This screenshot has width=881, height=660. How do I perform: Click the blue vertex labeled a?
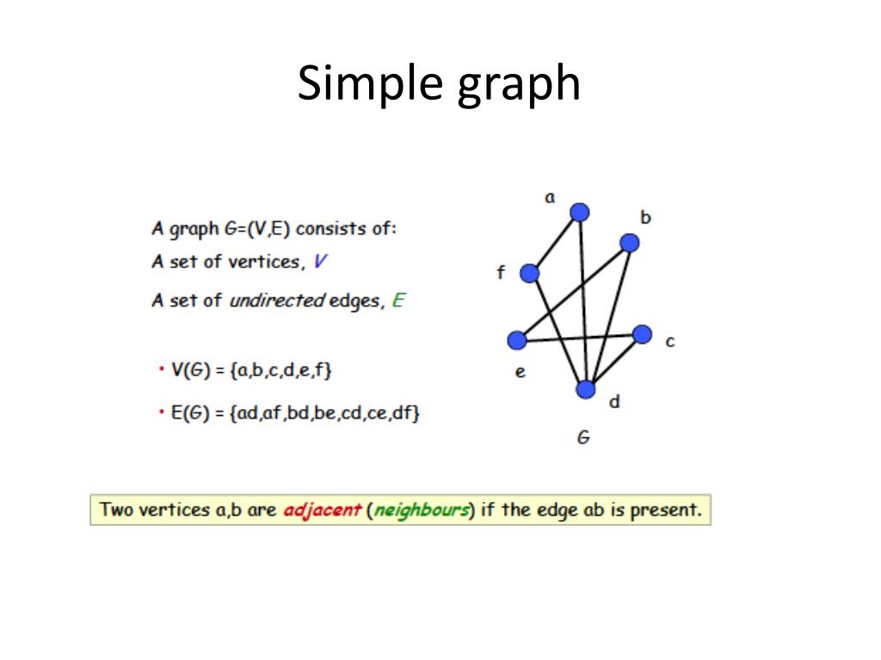click(579, 212)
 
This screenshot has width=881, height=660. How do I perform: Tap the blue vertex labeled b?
click(629, 242)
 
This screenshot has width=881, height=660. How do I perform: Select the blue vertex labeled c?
click(642, 334)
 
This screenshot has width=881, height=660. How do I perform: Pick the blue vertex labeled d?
click(585, 389)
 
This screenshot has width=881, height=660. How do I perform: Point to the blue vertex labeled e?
click(517, 340)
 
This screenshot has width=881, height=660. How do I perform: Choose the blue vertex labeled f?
click(530, 273)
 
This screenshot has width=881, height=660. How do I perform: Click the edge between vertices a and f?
click(555, 243)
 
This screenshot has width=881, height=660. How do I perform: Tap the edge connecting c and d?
click(613, 362)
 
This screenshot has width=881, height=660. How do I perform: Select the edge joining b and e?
click(573, 291)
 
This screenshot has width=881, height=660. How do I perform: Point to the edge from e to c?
click(579, 337)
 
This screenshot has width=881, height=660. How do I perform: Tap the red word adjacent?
click(322, 510)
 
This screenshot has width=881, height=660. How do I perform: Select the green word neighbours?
click(422, 510)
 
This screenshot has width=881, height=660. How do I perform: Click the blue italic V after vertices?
click(320, 261)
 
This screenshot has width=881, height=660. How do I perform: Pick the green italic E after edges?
click(398, 300)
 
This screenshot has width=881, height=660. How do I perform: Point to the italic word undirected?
click(277, 300)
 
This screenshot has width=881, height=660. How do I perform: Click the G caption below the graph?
click(583, 437)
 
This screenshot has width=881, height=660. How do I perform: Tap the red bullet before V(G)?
click(161, 369)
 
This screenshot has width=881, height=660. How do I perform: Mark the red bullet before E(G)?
click(161, 412)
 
